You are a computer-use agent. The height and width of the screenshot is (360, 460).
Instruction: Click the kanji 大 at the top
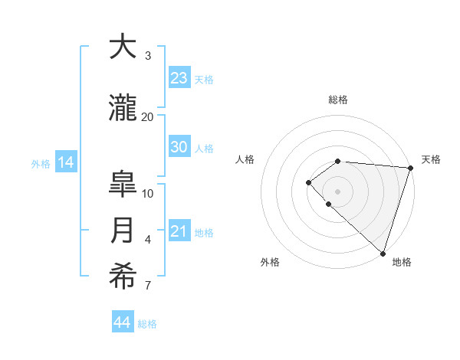tap(123, 47)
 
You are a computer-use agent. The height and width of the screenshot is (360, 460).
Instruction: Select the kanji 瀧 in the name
tap(123, 108)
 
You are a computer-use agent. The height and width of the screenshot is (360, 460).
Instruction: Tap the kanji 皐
tap(123, 185)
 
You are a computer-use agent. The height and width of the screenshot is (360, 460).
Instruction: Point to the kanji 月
tap(123, 231)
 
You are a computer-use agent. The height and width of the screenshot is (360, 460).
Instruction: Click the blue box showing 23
tap(179, 78)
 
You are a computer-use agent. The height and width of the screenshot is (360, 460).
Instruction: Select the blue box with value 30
tap(179, 148)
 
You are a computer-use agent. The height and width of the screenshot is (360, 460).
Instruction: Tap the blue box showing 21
tap(179, 232)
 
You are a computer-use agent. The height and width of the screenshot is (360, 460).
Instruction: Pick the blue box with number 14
tap(65, 162)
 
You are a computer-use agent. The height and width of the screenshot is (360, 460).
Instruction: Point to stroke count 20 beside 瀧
tap(147, 116)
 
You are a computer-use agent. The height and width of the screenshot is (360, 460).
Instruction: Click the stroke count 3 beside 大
tap(147, 55)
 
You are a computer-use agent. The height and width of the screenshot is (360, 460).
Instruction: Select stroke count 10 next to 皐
tap(148, 193)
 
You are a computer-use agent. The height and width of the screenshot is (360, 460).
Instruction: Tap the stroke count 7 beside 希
tap(147, 286)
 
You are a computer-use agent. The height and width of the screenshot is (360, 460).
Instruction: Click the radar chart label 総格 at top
tap(337, 100)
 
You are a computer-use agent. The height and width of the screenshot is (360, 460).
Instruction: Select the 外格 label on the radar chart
tap(270, 262)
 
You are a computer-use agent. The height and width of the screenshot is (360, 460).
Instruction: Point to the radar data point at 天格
tap(410, 168)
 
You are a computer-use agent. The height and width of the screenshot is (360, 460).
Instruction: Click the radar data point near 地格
tap(382, 253)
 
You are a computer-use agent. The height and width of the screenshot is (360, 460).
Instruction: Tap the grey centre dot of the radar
tap(337, 191)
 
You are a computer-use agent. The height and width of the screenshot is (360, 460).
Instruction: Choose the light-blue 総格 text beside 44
tap(147, 324)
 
